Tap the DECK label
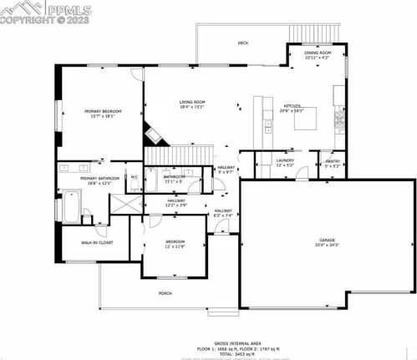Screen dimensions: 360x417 click(x=243, y=43)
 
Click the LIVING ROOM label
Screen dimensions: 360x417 click(x=192, y=102)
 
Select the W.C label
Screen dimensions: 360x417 click(x=134, y=176)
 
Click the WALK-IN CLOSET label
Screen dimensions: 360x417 click(x=85, y=243)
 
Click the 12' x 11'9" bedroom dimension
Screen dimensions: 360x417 click(x=175, y=247)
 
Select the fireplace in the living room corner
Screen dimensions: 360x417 click(x=153, y=130)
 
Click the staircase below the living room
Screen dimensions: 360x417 click(x=179, y=155)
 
